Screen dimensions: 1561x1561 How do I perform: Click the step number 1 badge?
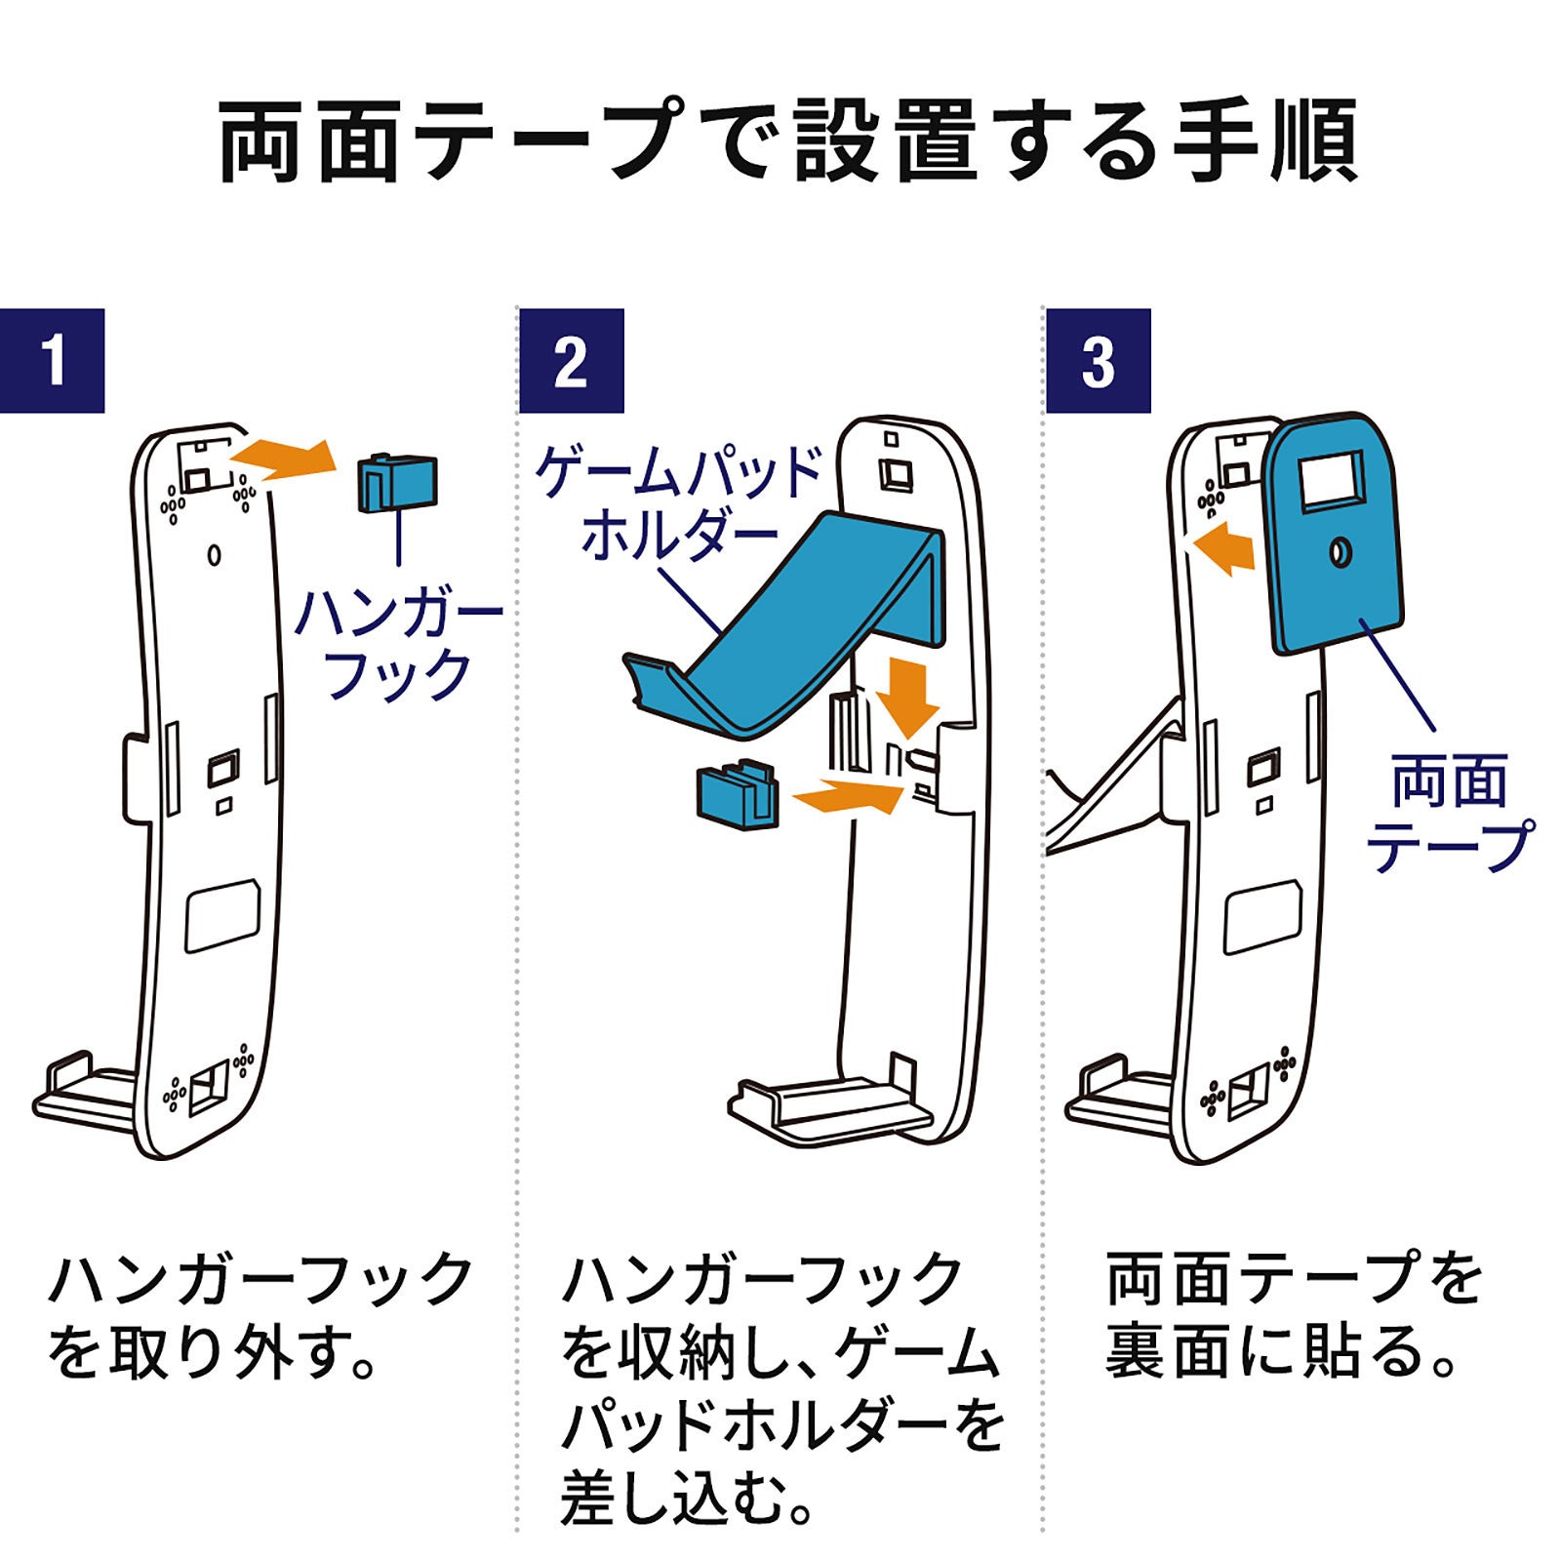click(53, 361)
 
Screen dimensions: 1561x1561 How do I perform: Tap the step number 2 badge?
click(571, 361)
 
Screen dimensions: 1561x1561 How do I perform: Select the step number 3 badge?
click(1098, 361)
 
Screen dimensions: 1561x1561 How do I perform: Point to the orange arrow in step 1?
click(282, 459)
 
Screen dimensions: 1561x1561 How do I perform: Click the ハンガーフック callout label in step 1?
click(398, 644)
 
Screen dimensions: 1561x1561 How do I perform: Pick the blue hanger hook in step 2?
click(737, 795)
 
